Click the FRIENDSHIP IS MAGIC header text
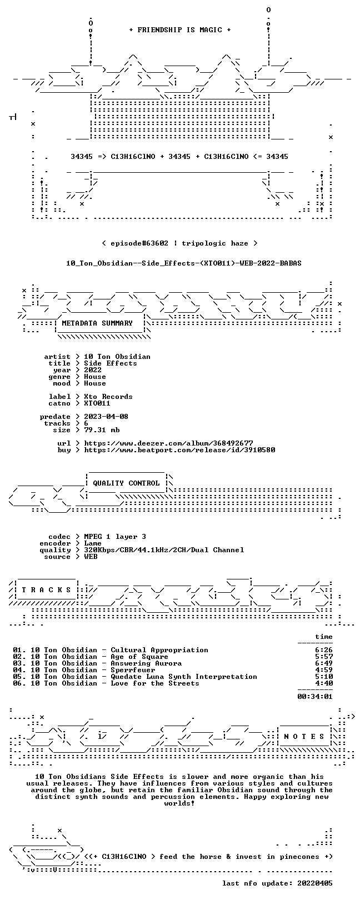[179, 30]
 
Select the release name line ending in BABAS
[184, 263]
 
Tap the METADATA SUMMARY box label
[97, 323]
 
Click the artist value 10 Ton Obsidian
[117, 357]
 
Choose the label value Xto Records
[108, 397]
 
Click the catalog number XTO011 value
[97, 403]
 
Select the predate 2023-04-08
[106, 417]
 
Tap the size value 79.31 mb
[102, 430]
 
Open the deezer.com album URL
[168, 443]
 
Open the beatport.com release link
[179, 450]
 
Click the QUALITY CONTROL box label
[126, 483]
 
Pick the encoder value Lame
[93, 543]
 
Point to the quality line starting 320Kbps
[164, 550]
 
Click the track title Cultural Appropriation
[159, 650]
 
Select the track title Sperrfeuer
[133, 670]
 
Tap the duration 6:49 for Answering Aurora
[324, 663]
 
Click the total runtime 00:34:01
[315, 697]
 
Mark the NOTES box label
[304, 737]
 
